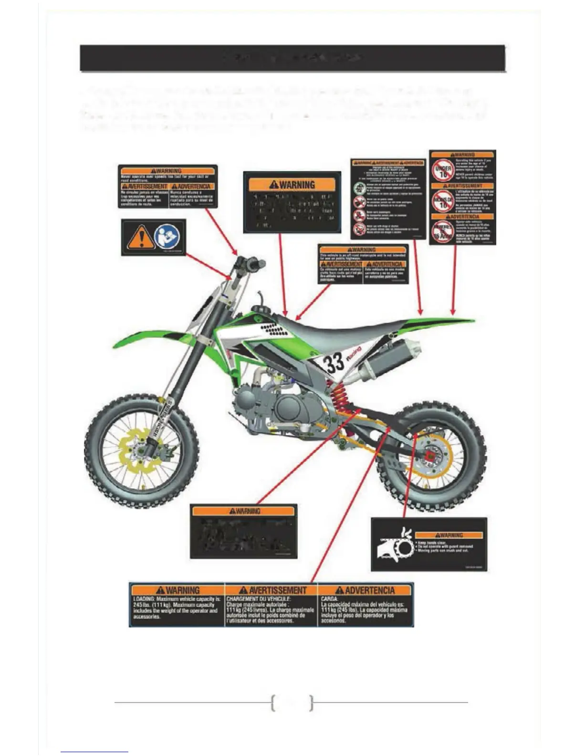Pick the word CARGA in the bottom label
pos(330,598)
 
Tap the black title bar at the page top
pos(292,58)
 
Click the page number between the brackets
pos(292,702)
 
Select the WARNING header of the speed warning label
pos(167,171)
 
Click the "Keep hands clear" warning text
pos(435,543)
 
